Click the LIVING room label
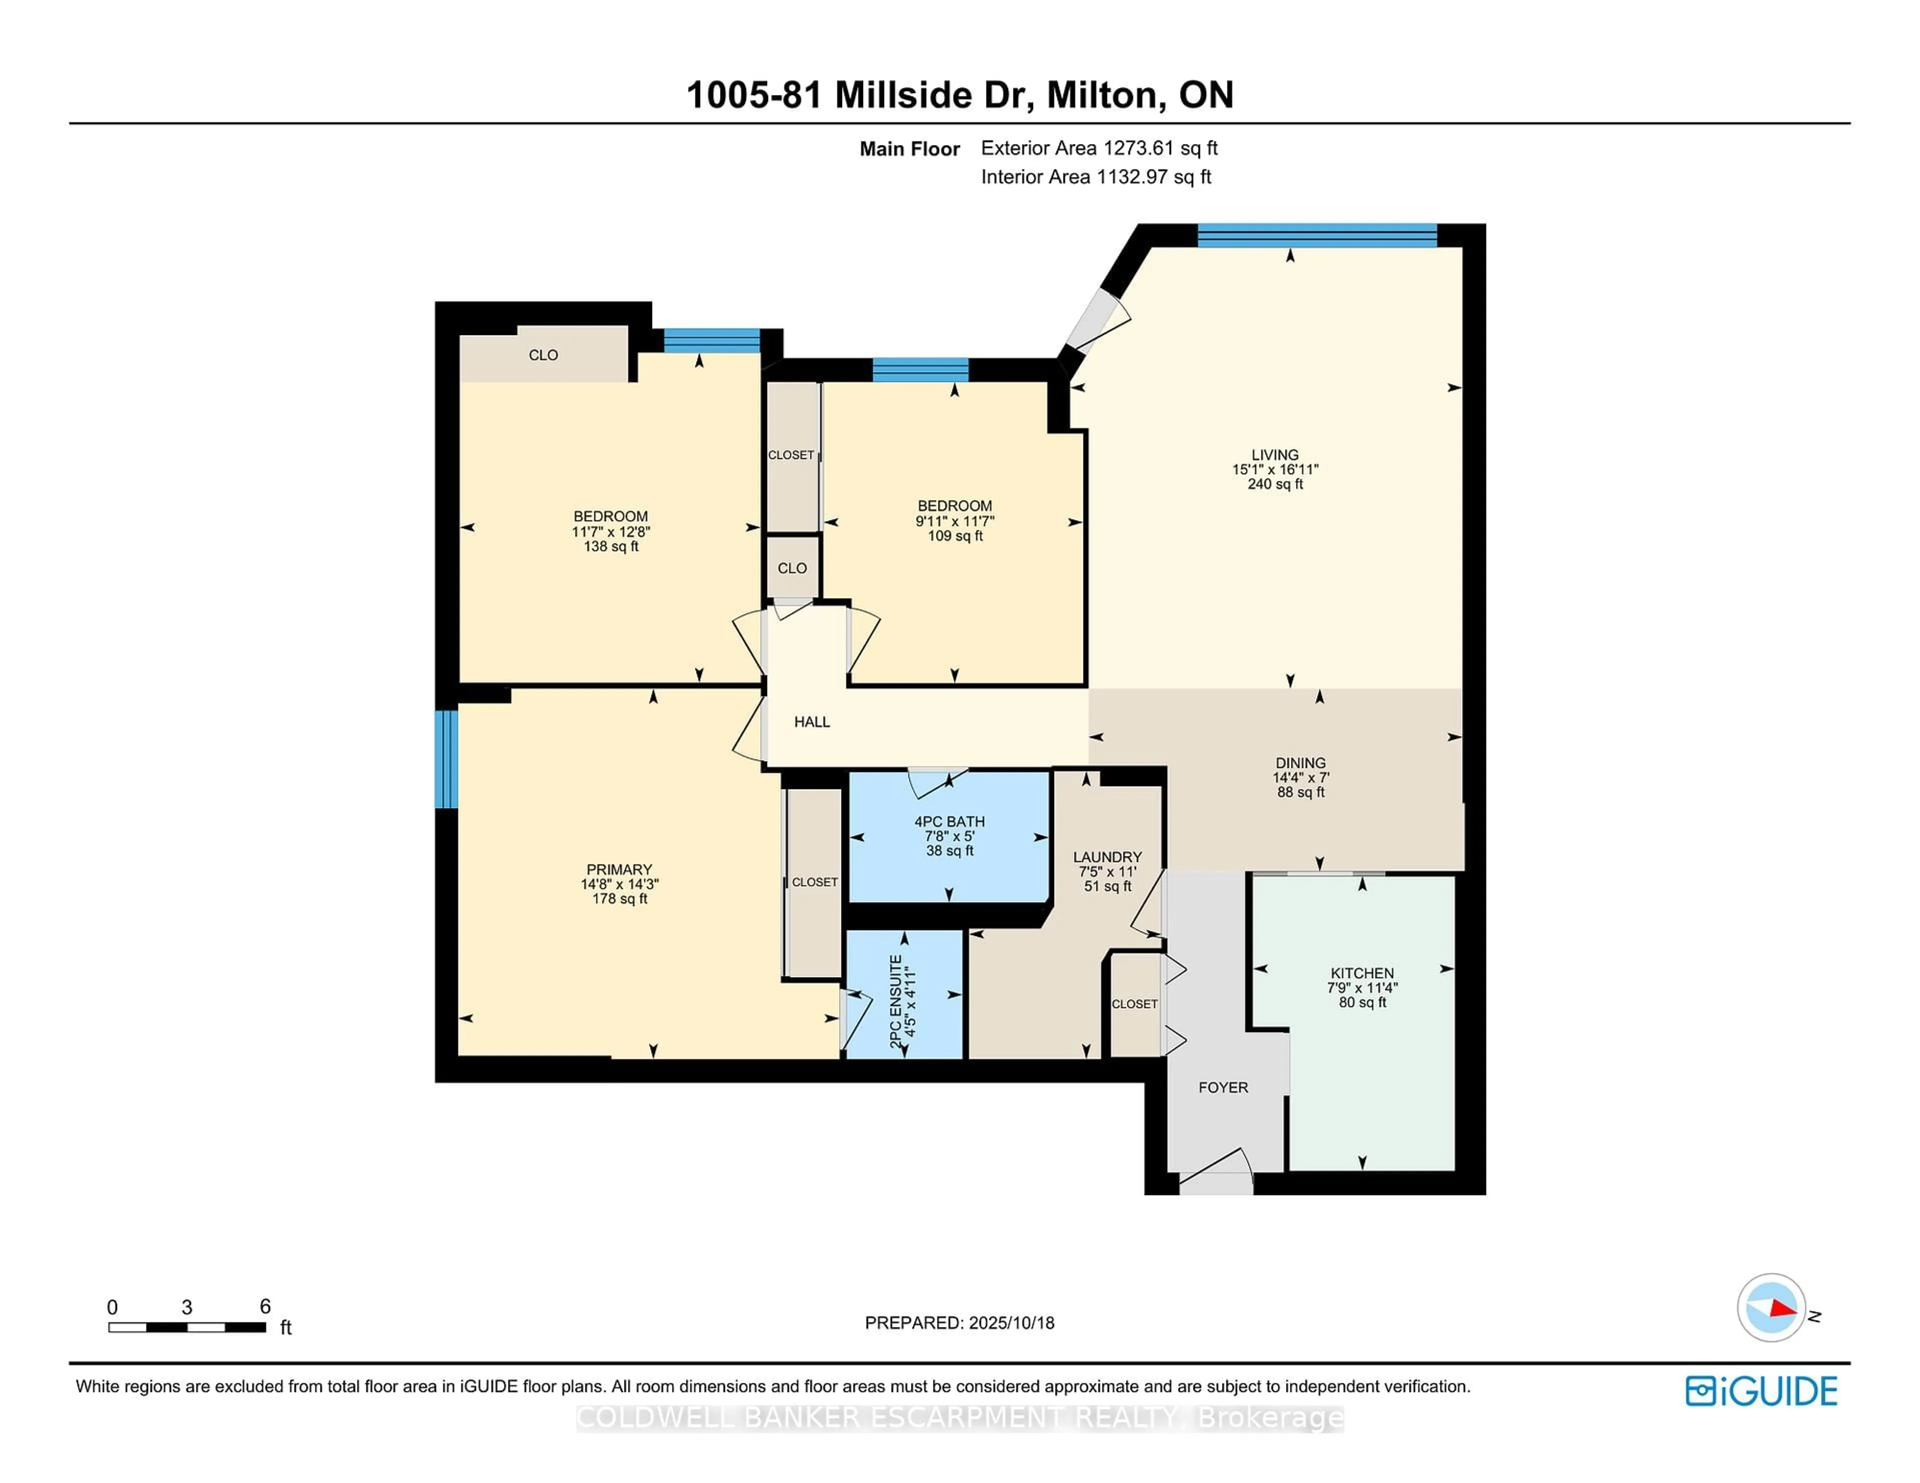pyautogui.click(x=1274, y=454)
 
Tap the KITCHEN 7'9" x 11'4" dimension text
pyautogui.click(x=1362, y=987)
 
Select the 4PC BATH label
pyautogui.click(x=949, y=821)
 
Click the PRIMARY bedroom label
pyautogui.click(x=619, y=869)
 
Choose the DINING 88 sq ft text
pyautogui.click(x=1300, y=792)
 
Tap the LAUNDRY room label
pyautogui.click(x=1107, y=856)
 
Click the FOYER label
pyautogui.click(x=1223, y=1087)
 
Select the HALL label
pyautogui.click(x=811, y=721)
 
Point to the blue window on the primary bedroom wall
pyautogui.click(x=446, y=758)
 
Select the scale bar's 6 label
pyautogui.click(x=264, y=1306)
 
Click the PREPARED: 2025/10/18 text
pyautogui.click(x=959, y=1323)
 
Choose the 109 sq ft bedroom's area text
pyautogui.click(x=954, y=535)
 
